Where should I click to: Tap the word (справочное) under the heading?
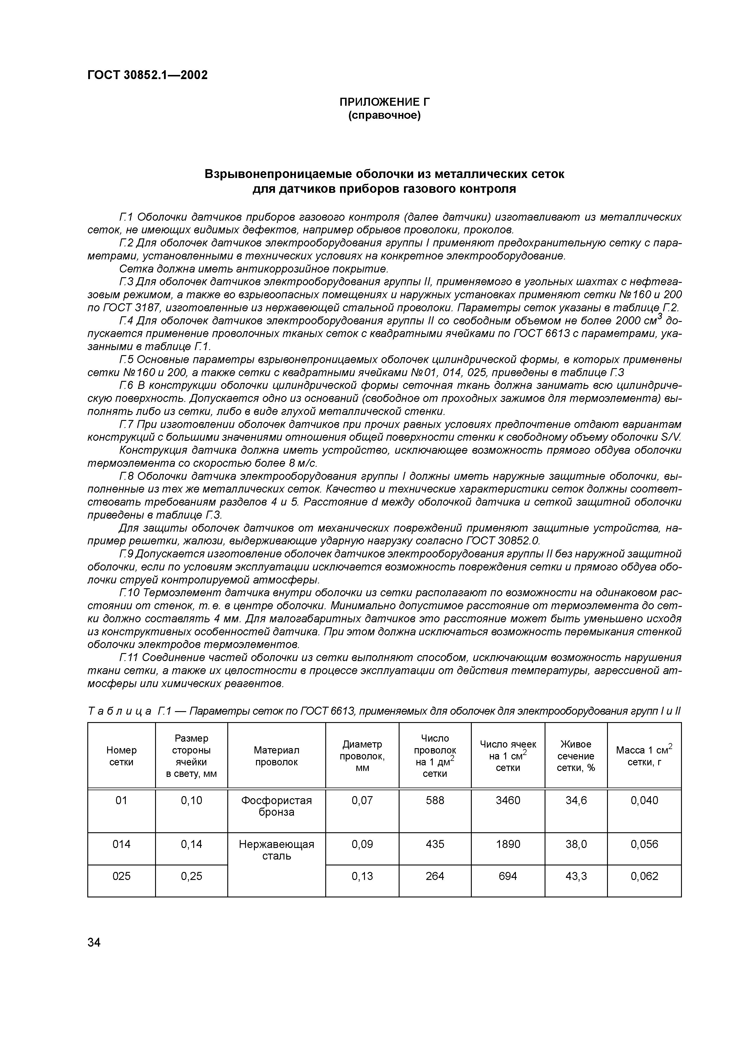(x=384, y=116)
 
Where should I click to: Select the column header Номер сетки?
(x=121, y=756)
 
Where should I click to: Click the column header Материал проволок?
(x=276, y=756)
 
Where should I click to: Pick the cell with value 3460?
(x=508, y=801)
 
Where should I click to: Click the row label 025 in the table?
(x=121, y=876)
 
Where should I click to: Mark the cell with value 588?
(x=435, y=801)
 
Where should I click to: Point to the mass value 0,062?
(x=644, y=876)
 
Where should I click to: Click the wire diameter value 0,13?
(x=362, y=876)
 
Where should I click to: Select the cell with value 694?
(x=508, y=876)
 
